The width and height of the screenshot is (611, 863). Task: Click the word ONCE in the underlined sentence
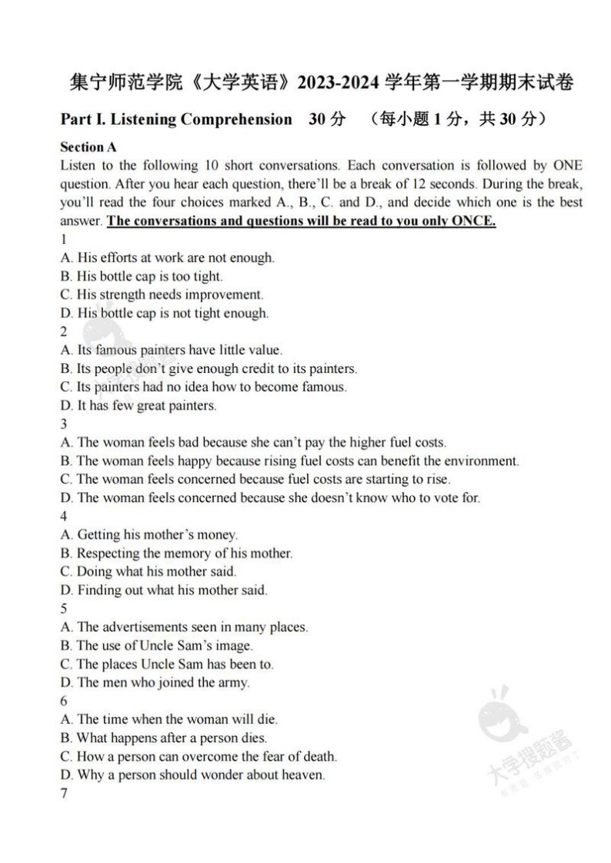pyautogui.click(x=472, y=222)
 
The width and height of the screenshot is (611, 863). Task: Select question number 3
pyautogui.click(x=64, y=424)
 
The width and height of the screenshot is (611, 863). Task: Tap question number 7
pyautogui.click(x=64, y=793)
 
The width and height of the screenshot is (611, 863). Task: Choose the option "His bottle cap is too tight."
pyautogui.click(x=141, y=276)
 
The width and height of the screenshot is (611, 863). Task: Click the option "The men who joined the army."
pyautogui.click(x=155, y=682)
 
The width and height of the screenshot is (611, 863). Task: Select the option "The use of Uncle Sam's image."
pyautogui.click(x=156, y=645)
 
